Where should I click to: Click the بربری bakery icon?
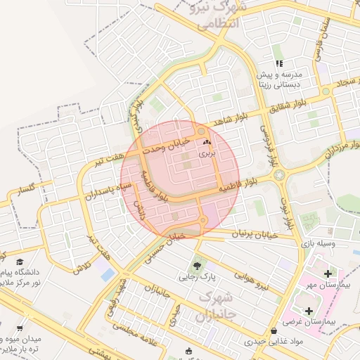(207, 142)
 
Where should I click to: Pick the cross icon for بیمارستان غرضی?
(309, 310)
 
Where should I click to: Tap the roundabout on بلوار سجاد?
(325, 91)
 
